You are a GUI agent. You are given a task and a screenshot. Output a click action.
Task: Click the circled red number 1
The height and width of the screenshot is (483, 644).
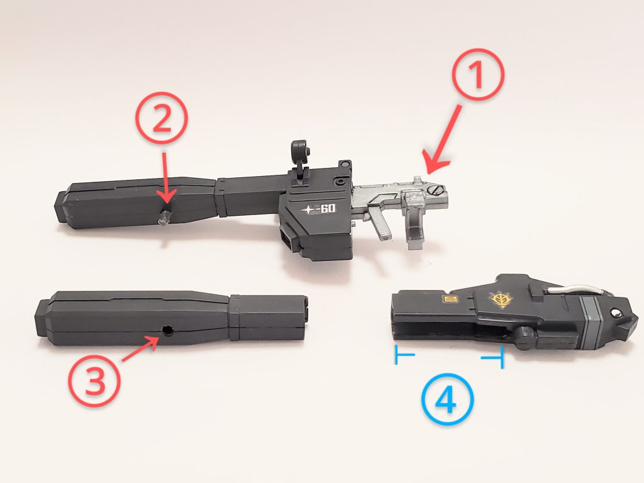478,75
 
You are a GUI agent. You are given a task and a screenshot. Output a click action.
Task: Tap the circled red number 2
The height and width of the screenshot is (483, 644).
162,118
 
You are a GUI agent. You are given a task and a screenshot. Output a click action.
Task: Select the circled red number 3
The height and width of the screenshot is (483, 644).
94,380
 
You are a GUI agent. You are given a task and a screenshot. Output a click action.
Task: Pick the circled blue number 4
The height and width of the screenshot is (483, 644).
447,399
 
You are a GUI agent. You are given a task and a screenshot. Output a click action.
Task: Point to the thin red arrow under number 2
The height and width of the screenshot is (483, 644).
165,177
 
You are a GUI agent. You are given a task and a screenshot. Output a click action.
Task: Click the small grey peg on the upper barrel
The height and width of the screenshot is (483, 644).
164,216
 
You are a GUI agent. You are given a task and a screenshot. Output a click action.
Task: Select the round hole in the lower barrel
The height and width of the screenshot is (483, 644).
167,330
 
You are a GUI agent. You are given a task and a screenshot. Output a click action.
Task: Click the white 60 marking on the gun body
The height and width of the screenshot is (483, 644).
327,209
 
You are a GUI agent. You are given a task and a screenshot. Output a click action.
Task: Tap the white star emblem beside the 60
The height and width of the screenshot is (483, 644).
308,210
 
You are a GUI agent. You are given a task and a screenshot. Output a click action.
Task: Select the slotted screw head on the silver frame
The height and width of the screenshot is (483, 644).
435,190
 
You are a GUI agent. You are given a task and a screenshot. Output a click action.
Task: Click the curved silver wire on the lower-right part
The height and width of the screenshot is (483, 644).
578,290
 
